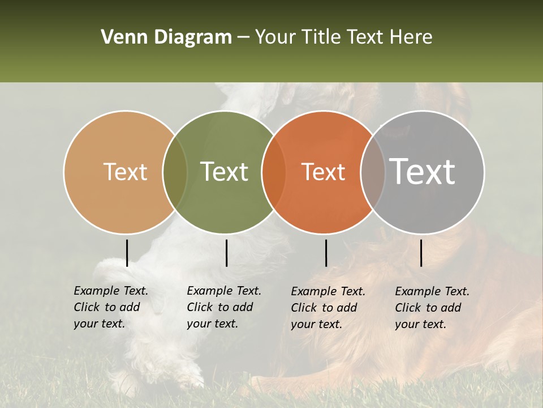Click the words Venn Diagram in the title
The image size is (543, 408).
[x=166, y=37]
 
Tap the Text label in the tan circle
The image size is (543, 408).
[x=125, y=172]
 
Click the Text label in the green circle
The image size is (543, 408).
[x=225, y=172]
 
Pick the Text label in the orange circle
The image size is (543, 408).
[x=323, y=172]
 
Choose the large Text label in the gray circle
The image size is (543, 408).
[x=423, y=172]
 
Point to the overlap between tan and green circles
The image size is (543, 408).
[x=175, y=172]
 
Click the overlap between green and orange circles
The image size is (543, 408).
[x=274, y=172]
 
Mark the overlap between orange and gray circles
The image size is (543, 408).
[x=373, y=172]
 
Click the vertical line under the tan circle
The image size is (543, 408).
[x=127, y=253]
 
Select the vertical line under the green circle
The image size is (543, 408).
[x=226, y=253]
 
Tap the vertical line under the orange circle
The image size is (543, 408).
[x=326, y=253]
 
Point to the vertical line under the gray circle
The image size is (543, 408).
[x=421, y=253]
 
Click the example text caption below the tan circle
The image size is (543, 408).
[x=110, y=307]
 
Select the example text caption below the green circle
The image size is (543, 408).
[x=223, y=307]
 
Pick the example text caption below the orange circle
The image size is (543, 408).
[x=327, y=308]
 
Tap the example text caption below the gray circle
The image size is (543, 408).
[x=432, y=308]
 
